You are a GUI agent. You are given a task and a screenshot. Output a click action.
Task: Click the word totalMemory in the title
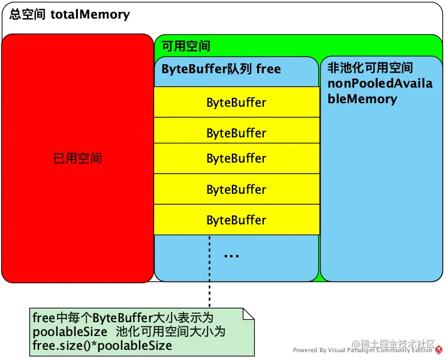coord(90,14)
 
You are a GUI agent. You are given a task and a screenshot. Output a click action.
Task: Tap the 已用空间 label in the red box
coord(77,158)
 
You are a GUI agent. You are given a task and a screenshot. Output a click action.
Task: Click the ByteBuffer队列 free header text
coord(221,69)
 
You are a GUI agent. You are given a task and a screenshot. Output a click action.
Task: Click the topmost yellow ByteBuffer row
coord(236,102)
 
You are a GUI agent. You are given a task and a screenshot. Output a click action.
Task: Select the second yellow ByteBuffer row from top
coord(236,132)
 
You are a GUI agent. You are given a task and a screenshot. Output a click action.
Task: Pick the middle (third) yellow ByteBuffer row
coord(236,158)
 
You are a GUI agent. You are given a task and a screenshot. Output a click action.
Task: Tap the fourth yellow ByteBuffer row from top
coord(236,190)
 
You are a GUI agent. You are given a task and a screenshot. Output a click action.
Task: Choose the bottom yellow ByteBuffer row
coord(236,220)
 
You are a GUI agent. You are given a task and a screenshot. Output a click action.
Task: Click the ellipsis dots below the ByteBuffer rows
coord(231,256)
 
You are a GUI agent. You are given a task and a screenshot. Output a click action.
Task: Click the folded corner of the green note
coord(249,314)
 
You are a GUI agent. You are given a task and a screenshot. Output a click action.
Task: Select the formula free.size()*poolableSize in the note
coord(102,346)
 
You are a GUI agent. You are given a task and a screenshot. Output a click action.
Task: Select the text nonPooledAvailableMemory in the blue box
coord(380,91)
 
